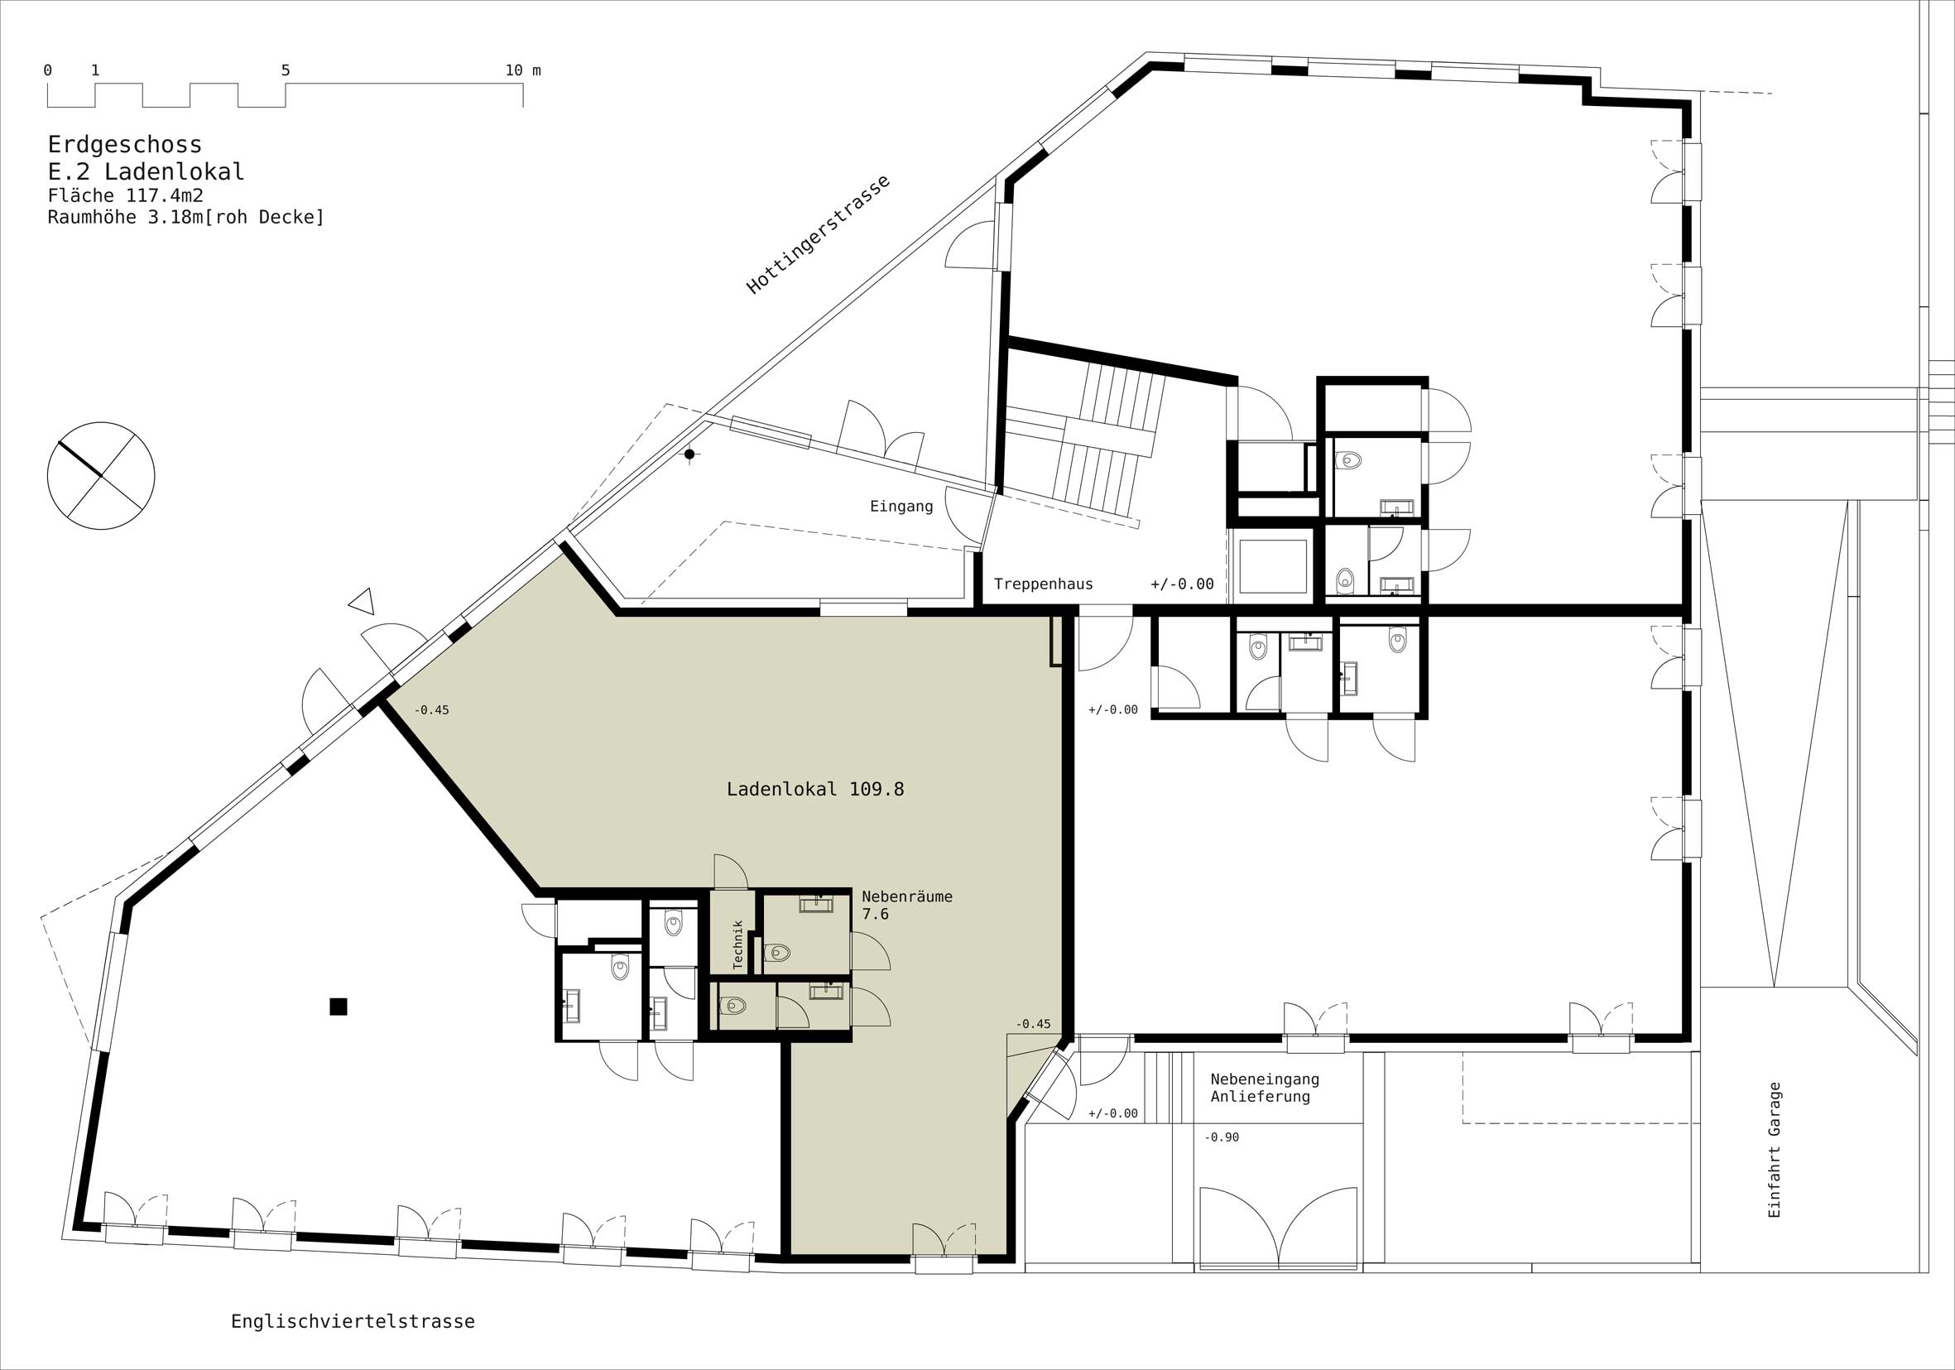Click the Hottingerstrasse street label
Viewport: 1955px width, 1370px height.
819,235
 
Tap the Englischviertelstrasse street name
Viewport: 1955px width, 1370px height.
353,1321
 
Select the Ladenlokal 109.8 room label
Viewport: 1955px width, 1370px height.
815,790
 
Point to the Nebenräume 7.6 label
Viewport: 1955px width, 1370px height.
907,905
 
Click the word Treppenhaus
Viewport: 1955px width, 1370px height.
1043,584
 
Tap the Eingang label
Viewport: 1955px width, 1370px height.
901,507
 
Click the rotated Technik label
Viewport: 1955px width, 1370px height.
738,945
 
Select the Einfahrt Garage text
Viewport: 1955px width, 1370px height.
1775,1150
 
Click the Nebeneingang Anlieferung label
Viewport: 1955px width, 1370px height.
1265,1088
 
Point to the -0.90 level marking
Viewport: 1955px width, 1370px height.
1221,1137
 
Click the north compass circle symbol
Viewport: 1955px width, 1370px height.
101,475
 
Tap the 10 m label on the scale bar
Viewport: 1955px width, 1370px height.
523,70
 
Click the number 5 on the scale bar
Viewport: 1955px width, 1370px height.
286,70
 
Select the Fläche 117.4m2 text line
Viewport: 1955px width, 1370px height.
125,196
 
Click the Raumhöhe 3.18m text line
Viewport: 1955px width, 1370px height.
185,217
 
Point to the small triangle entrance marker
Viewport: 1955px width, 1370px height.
363,600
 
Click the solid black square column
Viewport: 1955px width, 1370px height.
338,1007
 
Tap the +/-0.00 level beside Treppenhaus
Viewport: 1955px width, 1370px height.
1182,584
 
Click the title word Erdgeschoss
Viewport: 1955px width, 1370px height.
124,145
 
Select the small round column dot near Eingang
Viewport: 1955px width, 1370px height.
689,454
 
